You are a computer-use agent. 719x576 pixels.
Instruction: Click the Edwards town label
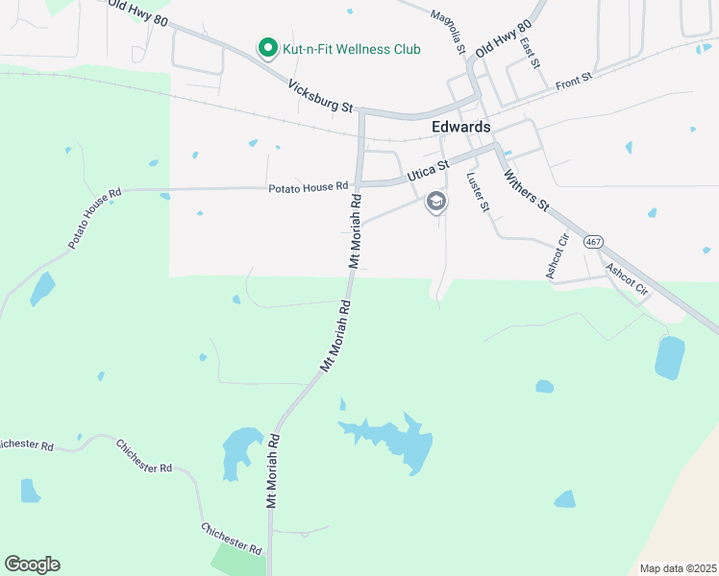coord(461,127)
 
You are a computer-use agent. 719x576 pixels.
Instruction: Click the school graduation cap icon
coord(436,202)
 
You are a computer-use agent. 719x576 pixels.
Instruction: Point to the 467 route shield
coord(593,242)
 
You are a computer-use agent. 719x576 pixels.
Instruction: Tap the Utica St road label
coord(428,171)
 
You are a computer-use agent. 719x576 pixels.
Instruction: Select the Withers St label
coord(526,191)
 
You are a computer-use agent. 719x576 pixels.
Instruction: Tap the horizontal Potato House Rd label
coord(308,186)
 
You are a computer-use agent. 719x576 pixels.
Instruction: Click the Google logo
coord(32,564)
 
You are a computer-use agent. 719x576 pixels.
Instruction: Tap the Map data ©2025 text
coord(677,568)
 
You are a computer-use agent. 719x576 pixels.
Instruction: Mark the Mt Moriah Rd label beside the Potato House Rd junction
coord(354,231)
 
